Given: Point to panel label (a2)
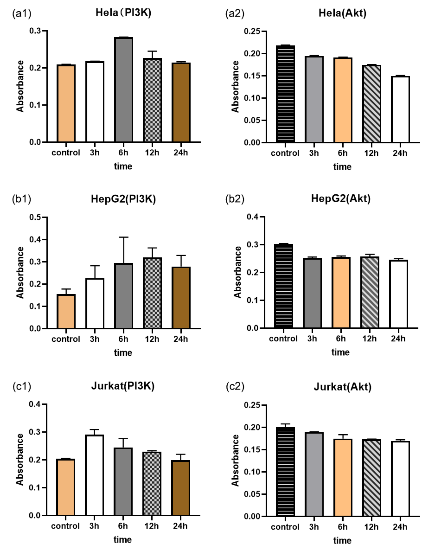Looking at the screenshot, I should point(235,13).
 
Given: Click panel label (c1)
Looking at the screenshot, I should point(22,386).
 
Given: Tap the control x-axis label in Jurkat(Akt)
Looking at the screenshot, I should point(285,527).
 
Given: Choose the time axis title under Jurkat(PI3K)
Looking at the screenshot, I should point(122,539).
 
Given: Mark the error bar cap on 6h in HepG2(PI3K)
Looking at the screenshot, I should point(123,237).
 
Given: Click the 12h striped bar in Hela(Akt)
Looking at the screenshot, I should point(372,104).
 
